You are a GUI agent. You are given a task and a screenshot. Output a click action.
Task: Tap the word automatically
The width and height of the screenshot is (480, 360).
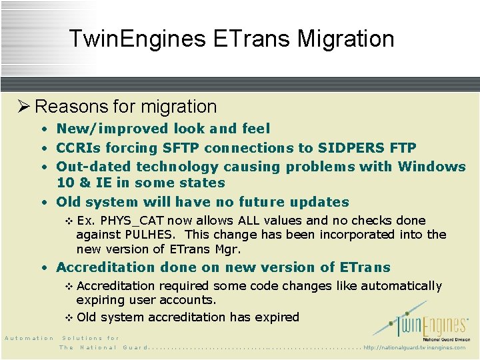400,286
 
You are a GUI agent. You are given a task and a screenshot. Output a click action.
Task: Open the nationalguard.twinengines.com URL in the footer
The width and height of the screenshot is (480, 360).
415,347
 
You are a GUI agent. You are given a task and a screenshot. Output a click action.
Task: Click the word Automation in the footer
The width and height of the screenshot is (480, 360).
29,338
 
